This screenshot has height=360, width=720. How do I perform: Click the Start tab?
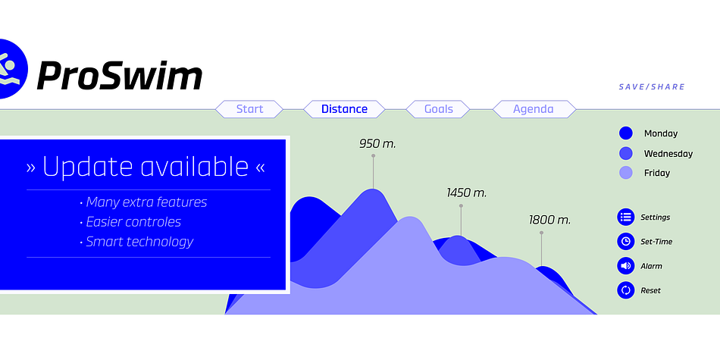pos(249,109)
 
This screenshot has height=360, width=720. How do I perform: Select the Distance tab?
pos(344,109)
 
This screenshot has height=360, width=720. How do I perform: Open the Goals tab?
pos(438,109)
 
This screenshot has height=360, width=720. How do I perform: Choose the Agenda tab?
pos(534,109)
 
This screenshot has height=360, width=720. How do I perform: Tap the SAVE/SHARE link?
pos(652,87)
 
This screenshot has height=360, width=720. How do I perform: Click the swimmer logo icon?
pos(10,69)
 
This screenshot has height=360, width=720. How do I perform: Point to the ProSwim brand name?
pos(120,75)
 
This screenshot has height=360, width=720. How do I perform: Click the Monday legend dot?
pos(626,133)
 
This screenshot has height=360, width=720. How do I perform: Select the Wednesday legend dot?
pos(626,153)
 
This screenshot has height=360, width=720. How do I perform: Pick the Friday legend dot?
pos(626,173)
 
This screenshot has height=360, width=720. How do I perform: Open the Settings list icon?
pos(625,217)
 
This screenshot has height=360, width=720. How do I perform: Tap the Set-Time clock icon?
pos(625,241)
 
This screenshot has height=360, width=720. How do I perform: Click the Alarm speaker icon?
pos(625,266)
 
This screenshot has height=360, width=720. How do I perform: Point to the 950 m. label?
pos(377,144)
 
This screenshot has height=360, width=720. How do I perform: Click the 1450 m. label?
pos(467,193)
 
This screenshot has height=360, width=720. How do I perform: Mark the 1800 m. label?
pos(549,220)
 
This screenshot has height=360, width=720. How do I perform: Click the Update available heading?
pos(146,167)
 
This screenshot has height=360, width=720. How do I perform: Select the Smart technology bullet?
pos(136,242)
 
